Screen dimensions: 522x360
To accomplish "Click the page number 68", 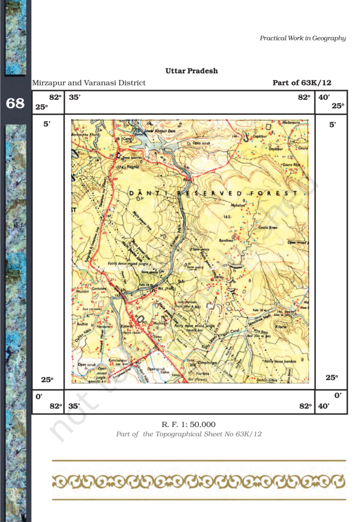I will coord(15,103).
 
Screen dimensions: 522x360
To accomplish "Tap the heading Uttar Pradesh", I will coord(191,71).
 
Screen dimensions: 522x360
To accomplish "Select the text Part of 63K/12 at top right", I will coord(302,83).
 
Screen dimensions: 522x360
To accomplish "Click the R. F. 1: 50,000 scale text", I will coord(188,424).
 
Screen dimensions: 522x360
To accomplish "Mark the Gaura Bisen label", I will coord(268,227).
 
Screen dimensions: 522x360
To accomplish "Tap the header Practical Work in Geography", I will coord(303,38).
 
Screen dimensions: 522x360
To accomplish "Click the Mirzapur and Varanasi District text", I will coord(89,83).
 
